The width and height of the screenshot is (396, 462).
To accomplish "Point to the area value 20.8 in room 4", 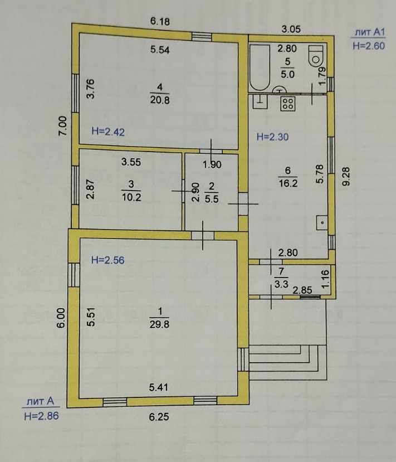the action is (x=159, y=100).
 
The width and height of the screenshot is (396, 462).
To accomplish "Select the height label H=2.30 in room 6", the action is (x=271, y=136).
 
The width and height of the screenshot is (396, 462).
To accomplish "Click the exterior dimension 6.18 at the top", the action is (x=160, y=22).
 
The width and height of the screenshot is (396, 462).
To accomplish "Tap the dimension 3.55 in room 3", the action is (x=131, y=163).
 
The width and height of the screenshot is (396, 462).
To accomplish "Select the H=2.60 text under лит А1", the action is (x=369, y=46).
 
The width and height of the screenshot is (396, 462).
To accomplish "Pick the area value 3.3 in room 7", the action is (x=281, y=283).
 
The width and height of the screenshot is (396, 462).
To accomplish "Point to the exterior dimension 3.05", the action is (x=291, y=29).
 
